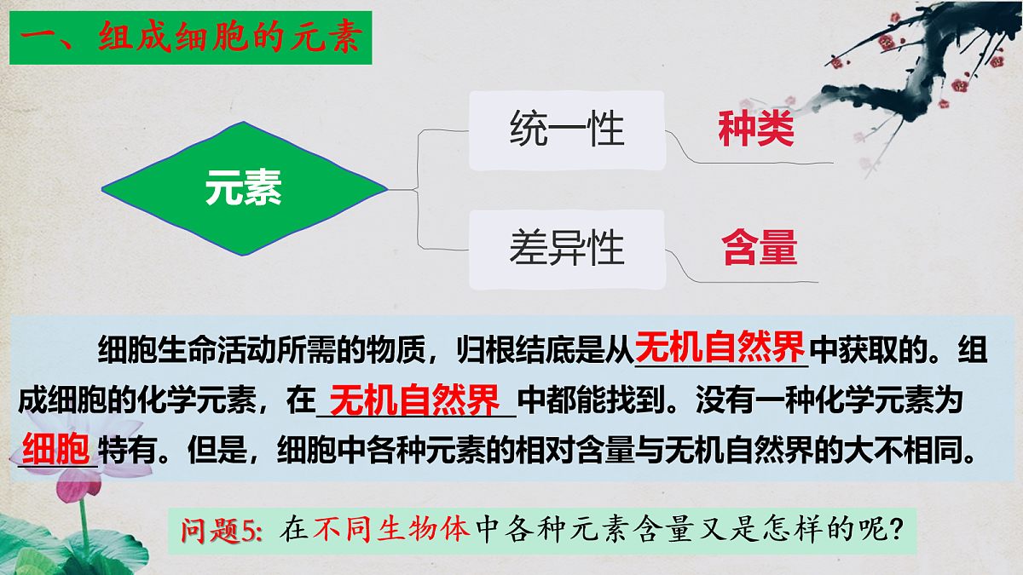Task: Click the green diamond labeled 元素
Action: pos(244,189)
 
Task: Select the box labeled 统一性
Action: pos(567,130)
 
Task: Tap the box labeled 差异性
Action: pos(567,248)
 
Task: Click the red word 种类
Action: pos(755,130)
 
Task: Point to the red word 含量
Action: pos(759,248)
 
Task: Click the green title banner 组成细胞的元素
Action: pos(190,38)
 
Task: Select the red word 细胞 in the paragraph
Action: pos(55,446)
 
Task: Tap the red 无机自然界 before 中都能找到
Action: pos(414,399)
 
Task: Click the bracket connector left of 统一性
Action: pos(418,162)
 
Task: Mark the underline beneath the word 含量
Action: pos(759,279)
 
